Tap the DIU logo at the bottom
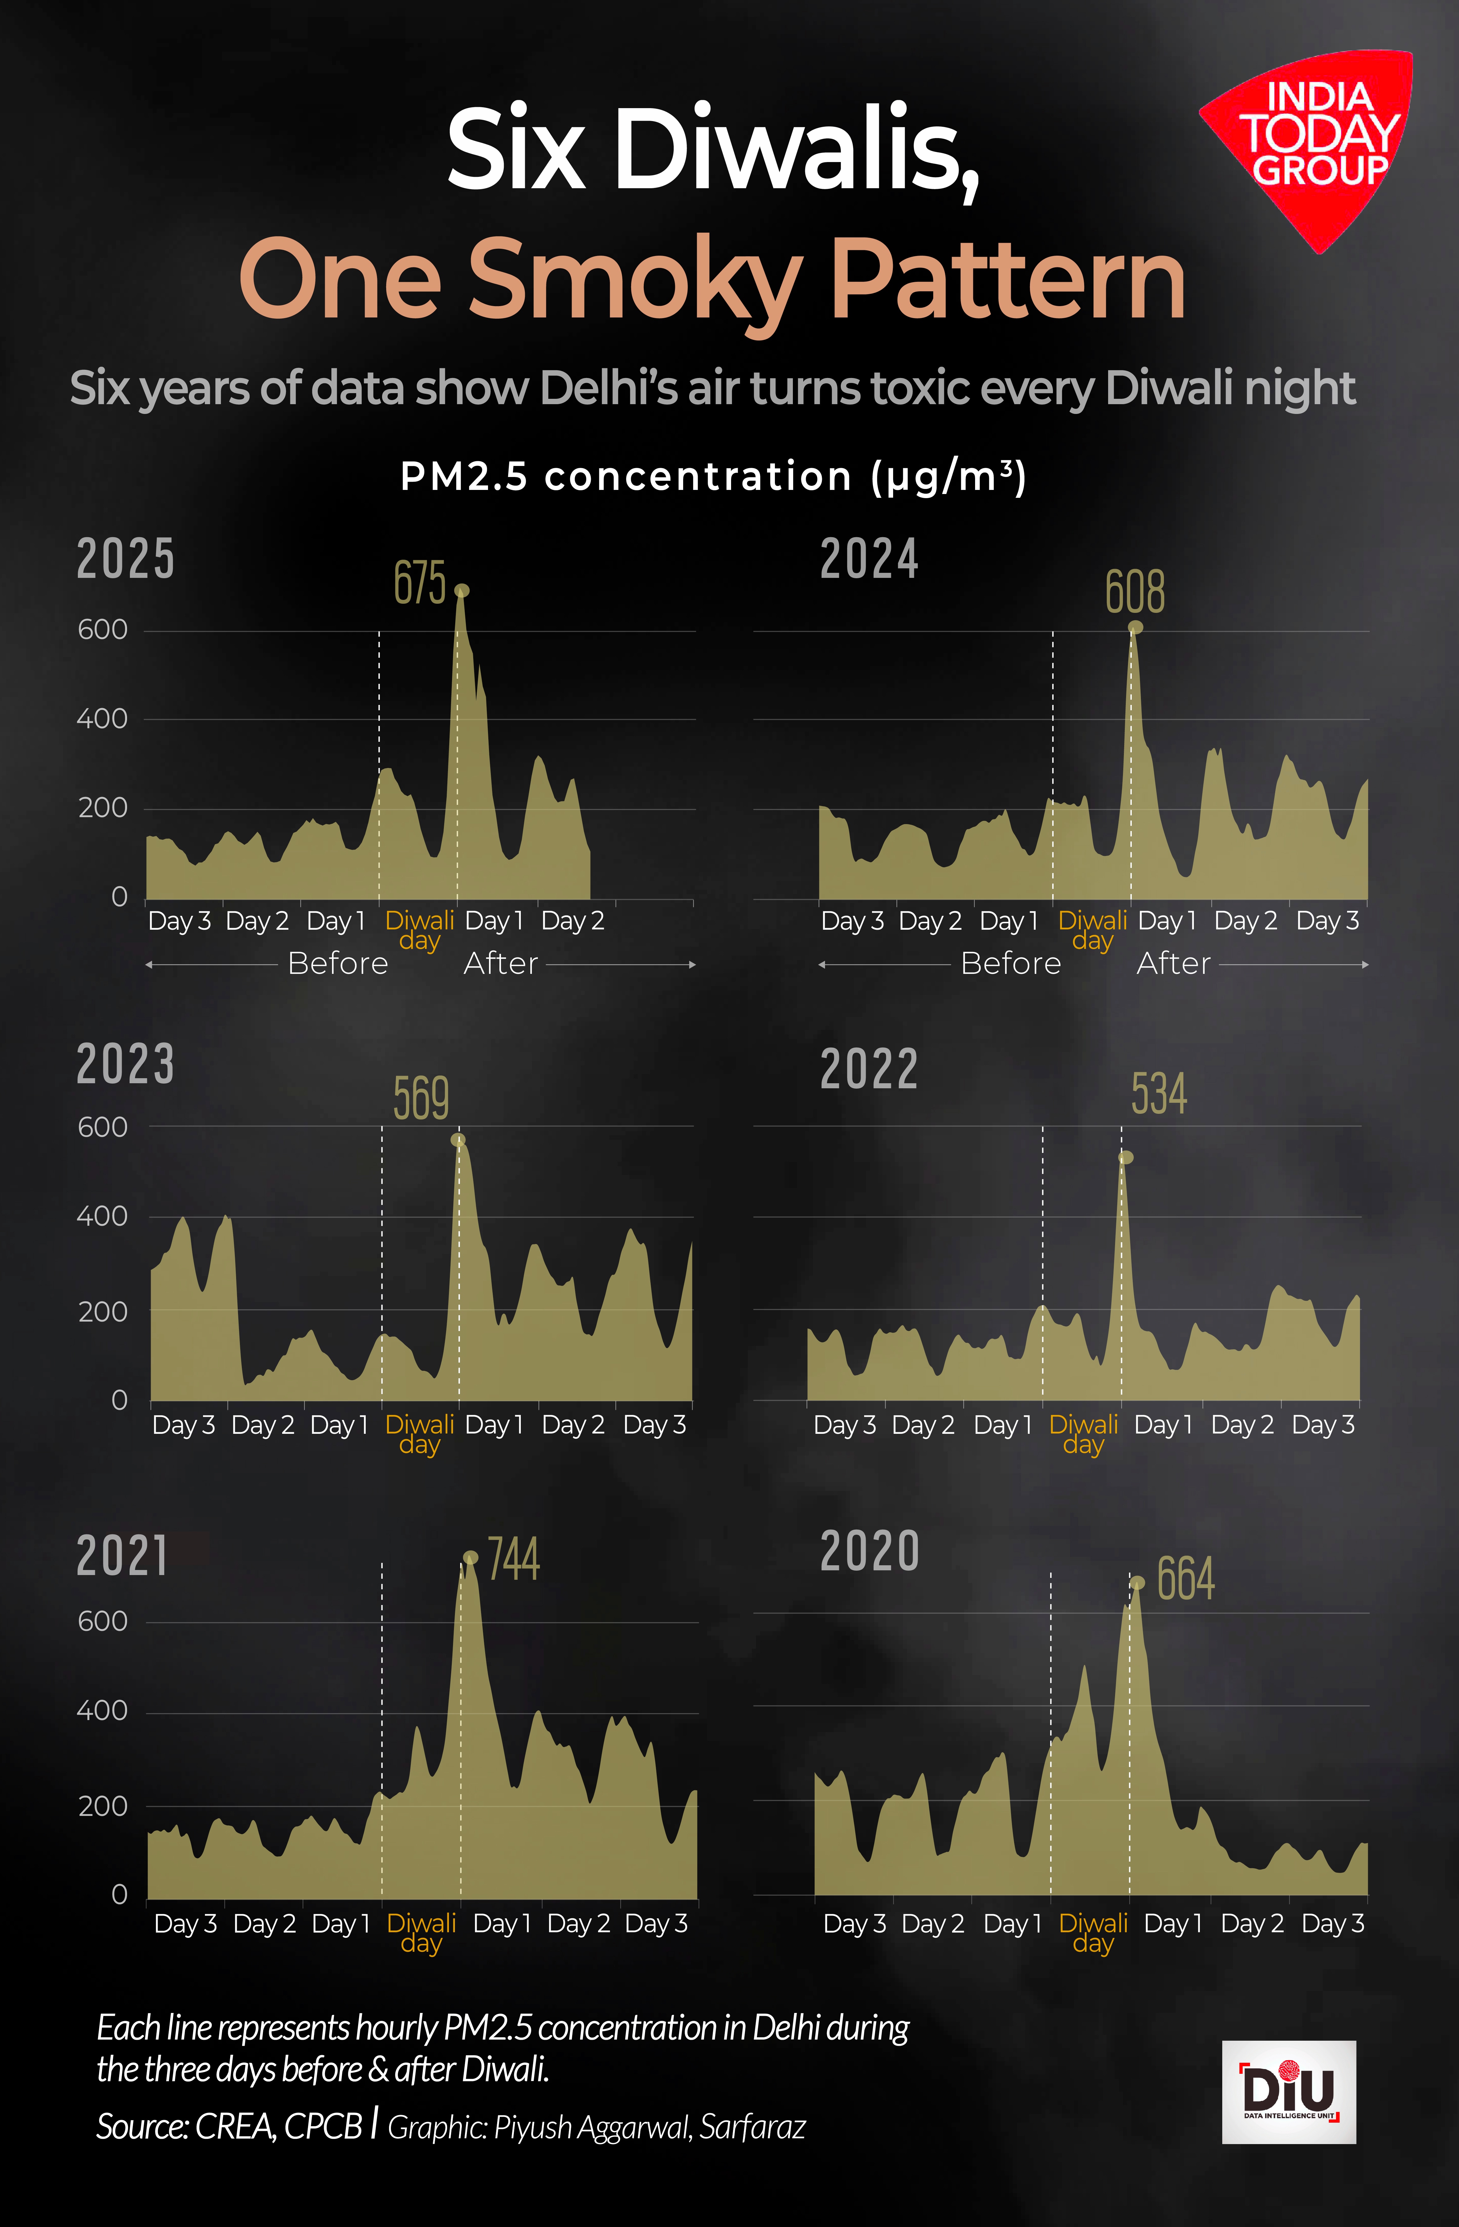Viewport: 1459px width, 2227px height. [x=1289, y=2091]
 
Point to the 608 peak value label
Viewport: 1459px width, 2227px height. [x=1134, y=592]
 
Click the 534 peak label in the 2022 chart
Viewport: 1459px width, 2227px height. [x=1159, y=1094]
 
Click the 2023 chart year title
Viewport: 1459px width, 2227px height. [x=125, y=1065]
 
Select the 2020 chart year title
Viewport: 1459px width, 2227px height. [x=869, y=1551]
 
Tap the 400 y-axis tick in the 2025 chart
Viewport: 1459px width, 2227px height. [x=102, y=719]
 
